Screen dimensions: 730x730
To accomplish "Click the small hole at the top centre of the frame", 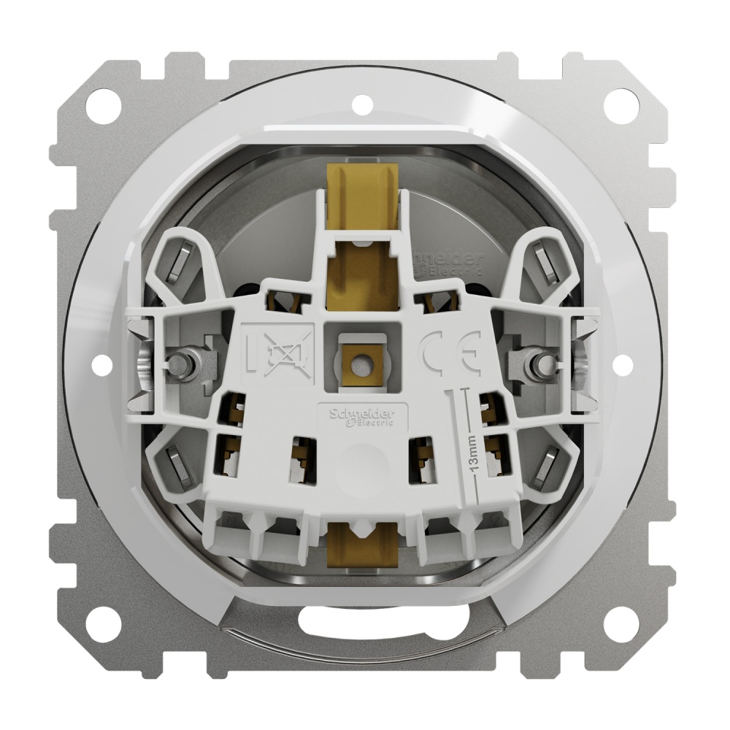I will tap(361, 103).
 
